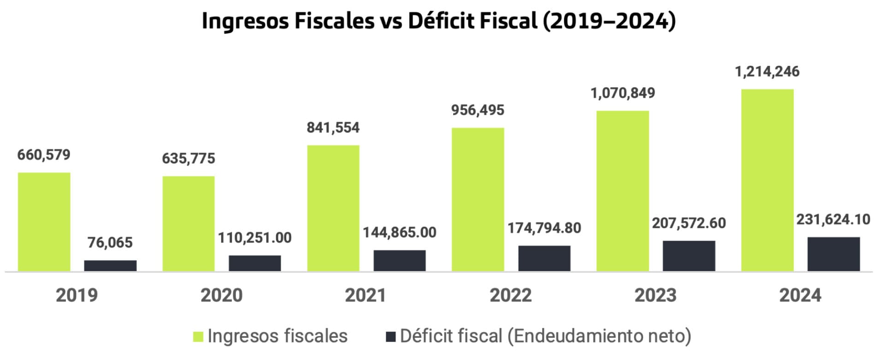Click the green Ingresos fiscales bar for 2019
coord(44,222)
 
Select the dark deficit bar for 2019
coord(110,266)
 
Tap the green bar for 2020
coord(189,224)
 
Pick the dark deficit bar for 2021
coord(400,260)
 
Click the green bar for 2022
coord(478,199)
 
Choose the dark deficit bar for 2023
coord(689,256)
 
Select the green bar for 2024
coord(767,180)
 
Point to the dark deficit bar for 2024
coord(833,254)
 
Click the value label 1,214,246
coord(767,72)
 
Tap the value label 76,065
coord(110,242)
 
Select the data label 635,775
coord(189,159)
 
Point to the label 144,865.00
coord(400,232)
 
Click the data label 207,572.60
coord(689,223)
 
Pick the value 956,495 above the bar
coord(478,110)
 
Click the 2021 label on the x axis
coord(366,295)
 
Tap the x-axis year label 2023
coord(655,295)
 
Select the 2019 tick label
coord(77,295)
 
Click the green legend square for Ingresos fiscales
coord(198,336)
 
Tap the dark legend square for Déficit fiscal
coord(390,336)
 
